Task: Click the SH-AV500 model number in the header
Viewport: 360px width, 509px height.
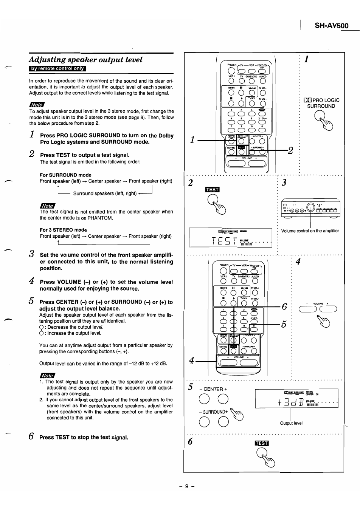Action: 331,26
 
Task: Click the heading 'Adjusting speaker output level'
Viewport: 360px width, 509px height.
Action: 86,60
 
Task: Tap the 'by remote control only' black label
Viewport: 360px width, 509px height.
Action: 57,69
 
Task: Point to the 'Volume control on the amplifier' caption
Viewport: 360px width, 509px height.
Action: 310,231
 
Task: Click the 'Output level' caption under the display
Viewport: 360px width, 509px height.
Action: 291,423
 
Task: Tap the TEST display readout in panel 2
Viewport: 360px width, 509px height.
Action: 230,238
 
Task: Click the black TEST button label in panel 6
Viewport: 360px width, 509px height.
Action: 262,443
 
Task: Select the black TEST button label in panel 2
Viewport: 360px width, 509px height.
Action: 212,190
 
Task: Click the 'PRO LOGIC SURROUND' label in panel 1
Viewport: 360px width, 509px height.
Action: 321,103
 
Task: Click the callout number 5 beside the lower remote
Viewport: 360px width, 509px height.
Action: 284,324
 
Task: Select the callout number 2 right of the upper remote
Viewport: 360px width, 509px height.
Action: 290,151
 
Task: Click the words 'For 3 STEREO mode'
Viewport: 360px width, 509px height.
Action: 63,230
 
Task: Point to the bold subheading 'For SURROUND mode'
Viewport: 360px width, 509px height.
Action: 65,175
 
